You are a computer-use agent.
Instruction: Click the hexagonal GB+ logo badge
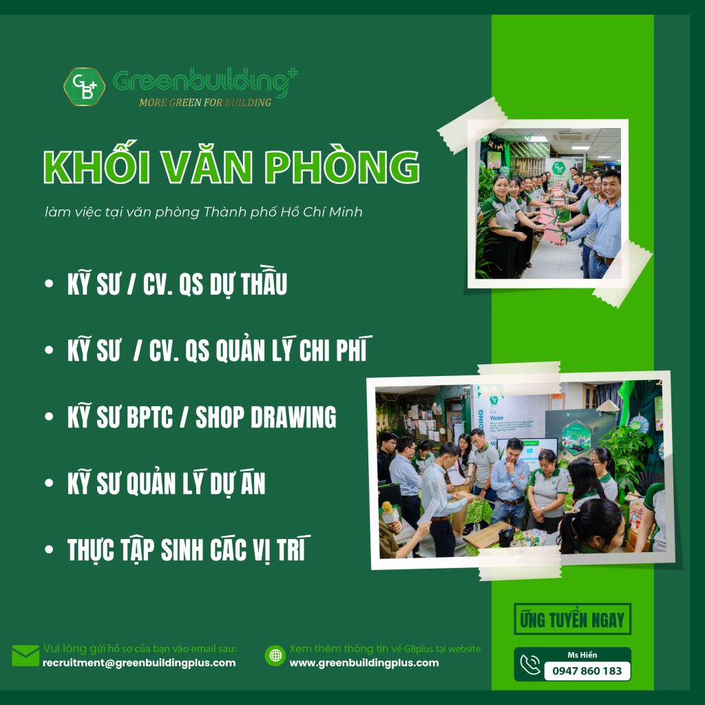(85, 86)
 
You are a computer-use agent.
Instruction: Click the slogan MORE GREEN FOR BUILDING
(205, 103)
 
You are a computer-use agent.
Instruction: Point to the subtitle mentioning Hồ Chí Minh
(203, 212)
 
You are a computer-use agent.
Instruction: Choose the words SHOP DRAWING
(266, 417)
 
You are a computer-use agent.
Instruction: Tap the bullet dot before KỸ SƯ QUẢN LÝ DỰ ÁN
(49, 483)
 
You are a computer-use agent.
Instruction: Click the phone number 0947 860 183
(587, 671)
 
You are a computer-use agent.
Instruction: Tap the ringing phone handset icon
(530, 664)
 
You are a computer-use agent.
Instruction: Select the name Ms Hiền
(582, 655)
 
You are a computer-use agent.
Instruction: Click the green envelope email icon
(25, 655)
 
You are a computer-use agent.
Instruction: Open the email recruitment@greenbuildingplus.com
(139, 663)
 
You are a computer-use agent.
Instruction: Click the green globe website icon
(275, 655)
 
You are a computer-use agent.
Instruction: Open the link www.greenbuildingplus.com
(364, 663)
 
